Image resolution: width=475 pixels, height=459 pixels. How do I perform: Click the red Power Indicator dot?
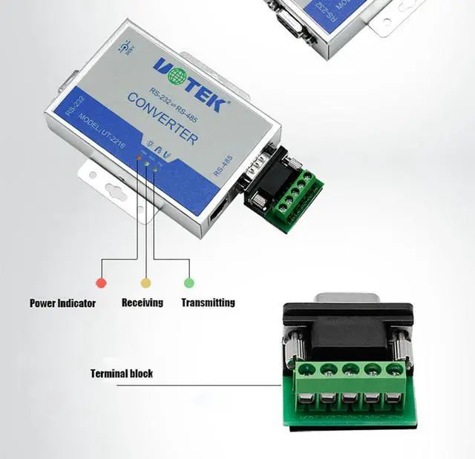(101, 283)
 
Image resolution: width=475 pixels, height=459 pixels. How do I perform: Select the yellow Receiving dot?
(145, 283)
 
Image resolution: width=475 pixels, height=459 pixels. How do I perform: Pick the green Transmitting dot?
(189, 283)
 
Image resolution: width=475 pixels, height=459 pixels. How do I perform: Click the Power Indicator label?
(62, 303)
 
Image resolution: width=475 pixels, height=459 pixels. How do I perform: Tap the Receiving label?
(142, 303)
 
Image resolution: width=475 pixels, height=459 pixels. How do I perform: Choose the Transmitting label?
(208, 303)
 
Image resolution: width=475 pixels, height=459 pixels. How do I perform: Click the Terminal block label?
(122, 374)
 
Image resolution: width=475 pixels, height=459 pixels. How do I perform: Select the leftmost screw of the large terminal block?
(304, 369)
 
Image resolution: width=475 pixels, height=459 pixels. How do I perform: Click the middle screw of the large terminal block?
(350, 369)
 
